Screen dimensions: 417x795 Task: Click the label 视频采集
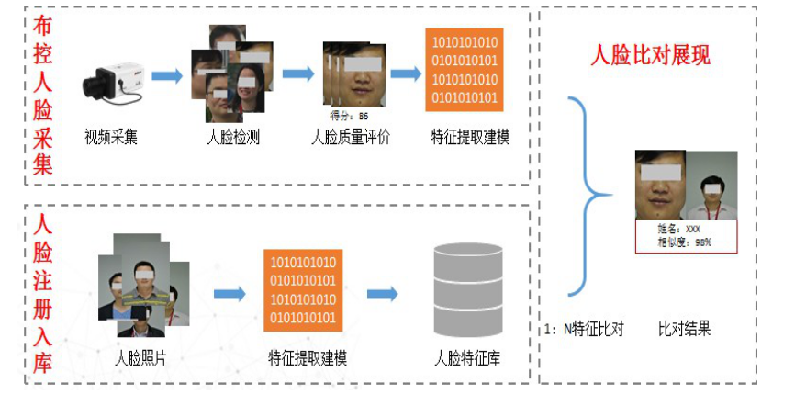pyautogui.click(x=111, y=138)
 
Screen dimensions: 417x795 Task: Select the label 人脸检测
pyautogui.click(x=233, y=138)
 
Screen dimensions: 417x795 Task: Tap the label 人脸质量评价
pyautogui.click(x=350, y=138)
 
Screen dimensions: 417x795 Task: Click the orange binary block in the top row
pyautogui.click(x=465, y=70)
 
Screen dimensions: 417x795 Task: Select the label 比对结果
pyautogui.click(x=684, y=329)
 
